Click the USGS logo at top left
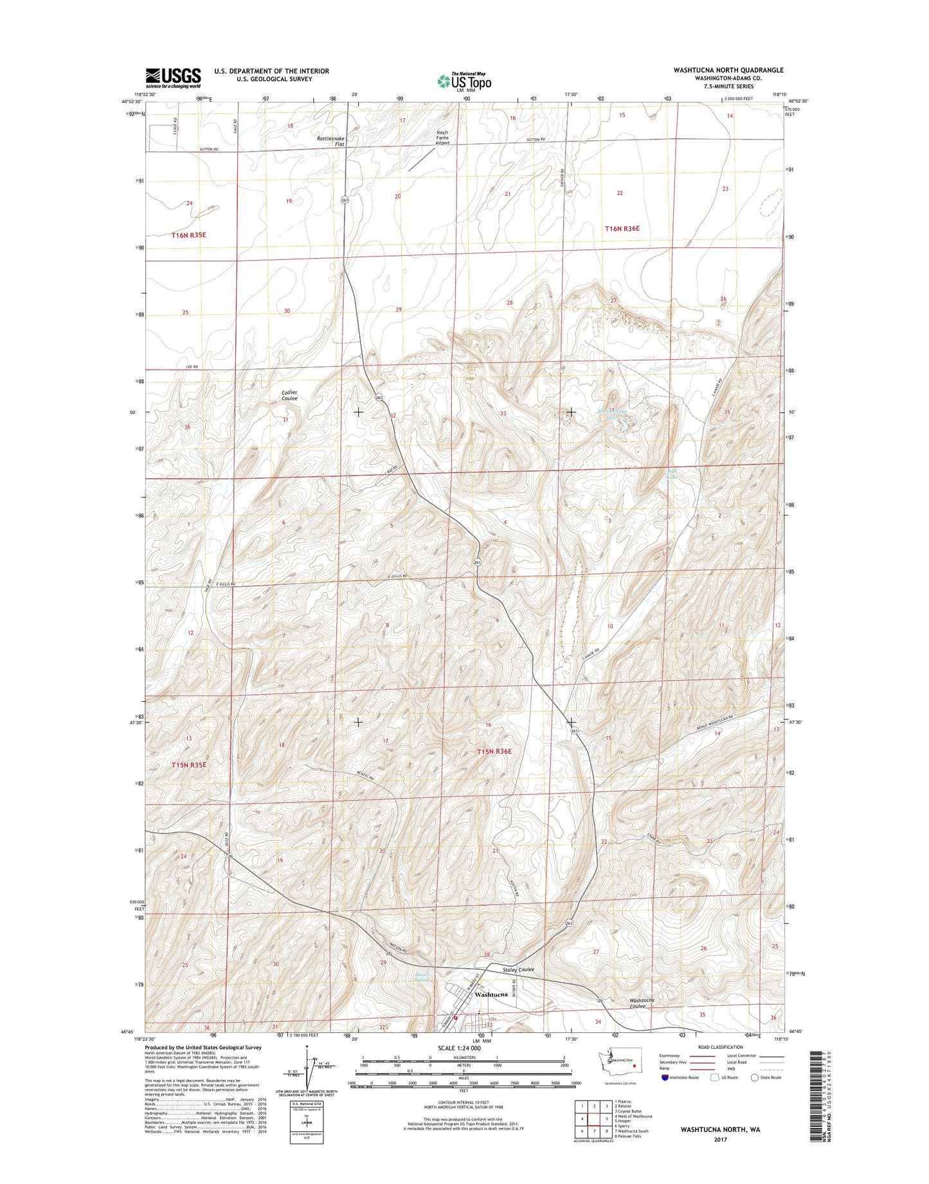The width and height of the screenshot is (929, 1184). tap(173, 78)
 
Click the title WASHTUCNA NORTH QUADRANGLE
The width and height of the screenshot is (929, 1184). tap(728, 70)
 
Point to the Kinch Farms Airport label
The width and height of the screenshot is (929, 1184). tap(442, 138)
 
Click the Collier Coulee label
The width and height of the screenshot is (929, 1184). tap(289, 395)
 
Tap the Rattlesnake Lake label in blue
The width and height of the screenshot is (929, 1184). tap(611, 414)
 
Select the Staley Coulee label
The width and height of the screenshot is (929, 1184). tap(518, 969)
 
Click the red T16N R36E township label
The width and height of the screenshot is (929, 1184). tap(622, 229)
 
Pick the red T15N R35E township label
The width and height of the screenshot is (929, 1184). tap(189, 765)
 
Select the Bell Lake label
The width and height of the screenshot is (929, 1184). tap(671, 474)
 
